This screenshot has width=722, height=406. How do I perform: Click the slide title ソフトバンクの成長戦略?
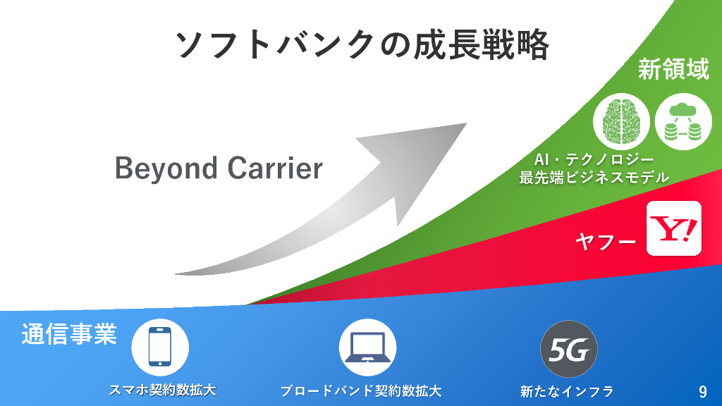pos(361,45)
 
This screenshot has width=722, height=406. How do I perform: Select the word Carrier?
pos(275,168)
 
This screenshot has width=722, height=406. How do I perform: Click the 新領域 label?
pos(673,70)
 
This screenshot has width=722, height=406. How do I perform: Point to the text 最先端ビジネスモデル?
pos(594,178)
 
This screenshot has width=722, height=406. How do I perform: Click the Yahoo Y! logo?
pos(675,228)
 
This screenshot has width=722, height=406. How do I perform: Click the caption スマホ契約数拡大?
pos(162,390)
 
